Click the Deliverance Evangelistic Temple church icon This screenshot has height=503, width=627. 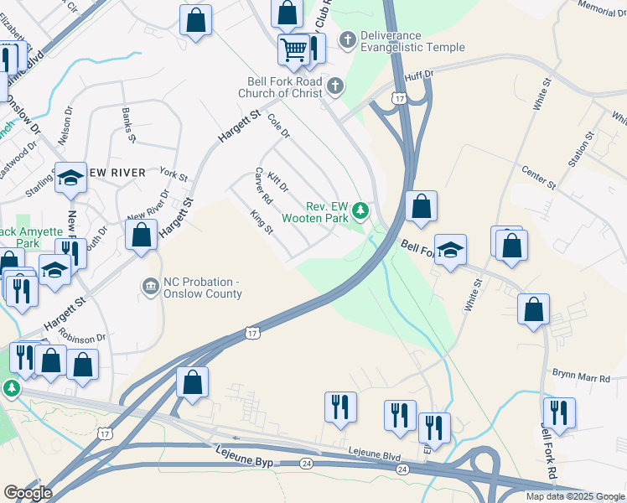pyautogui.click(x=347, y=39)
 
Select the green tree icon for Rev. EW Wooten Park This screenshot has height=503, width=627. pyautogui.click(x=360, y=210)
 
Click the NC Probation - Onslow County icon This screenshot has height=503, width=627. pyautogui.click(x=150, y=287)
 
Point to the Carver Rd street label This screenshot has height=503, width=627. pyautogui.click(x=264, y=187)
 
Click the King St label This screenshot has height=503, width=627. pyautogui.click(x=262, y=222)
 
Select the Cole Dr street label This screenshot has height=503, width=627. pyautogui.click(x=278, y=127)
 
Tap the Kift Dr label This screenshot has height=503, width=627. pyautogui.click(x=277, y=180)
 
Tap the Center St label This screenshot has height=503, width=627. pyautogui.click(x=539, y=177)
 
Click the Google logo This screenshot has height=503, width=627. pyautogui.click(x=28, y=493)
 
